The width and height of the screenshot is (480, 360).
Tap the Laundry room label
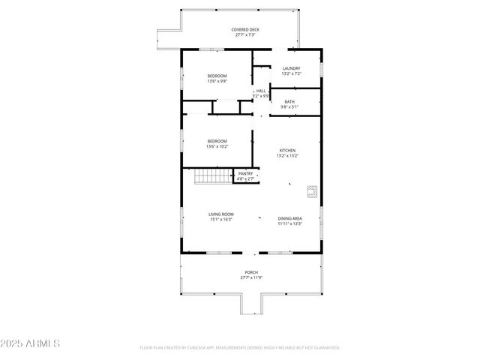click(290, 68)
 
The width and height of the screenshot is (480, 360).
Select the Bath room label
click(289, 101)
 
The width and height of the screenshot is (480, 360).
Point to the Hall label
click(260, 91)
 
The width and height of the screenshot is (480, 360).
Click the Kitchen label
click(288, 150)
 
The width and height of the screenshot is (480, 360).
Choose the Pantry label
click(245, 173)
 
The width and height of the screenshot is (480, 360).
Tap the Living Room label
click(220, 214)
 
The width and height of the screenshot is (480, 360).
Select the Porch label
click(251, 272)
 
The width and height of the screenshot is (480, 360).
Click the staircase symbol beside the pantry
click(211, 177)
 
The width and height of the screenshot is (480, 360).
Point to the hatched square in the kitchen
click(312, 189)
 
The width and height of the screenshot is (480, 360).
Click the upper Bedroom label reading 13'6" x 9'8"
click(217, 76)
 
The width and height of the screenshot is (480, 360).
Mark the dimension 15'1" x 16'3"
click(220, 220)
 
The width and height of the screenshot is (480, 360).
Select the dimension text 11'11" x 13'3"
click(289, 223)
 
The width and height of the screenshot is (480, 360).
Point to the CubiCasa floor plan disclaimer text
click(240, 348)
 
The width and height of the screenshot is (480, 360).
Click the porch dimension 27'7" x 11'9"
click(251, 278)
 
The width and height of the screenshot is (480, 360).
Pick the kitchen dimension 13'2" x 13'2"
click(288, 156)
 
